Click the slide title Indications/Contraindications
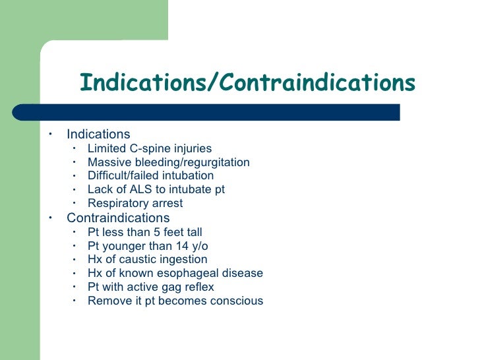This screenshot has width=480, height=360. point(247,84)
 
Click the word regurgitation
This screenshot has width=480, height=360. point(218,162)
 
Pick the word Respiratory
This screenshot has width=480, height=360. point(117,204)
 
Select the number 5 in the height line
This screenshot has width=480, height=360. point(157,232)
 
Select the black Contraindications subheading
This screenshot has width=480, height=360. point(118,218)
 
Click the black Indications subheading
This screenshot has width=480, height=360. point(98,135)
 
